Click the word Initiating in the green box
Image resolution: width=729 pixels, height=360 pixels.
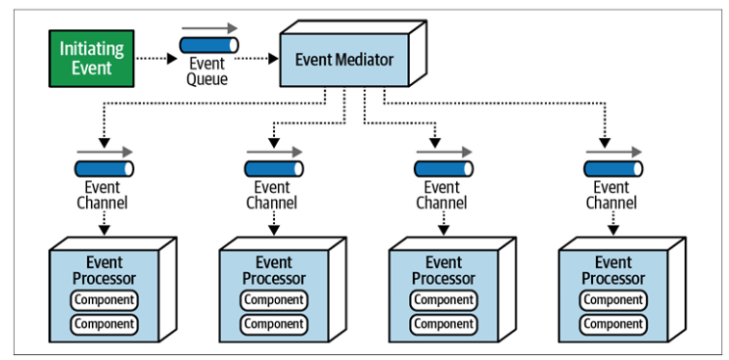(x=92, y=49)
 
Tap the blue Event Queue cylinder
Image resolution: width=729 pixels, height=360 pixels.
(x=208, y=45)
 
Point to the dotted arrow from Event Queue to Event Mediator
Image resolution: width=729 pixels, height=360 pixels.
(x=256, y=59)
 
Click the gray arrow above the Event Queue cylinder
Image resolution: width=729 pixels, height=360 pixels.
(x=208, y=28)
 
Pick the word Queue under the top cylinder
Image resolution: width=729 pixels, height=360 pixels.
(x=207, y=78)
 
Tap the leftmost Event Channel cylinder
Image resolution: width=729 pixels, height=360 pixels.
(x=105, y=168)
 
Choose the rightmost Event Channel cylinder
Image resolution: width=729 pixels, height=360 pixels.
(x=614, y=168)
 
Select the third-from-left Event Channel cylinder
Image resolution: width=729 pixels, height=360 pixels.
(x=444, y=168)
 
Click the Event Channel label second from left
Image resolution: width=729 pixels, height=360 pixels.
(x=272, y=195)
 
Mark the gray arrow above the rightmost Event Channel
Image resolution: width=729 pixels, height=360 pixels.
(x=614, y=152)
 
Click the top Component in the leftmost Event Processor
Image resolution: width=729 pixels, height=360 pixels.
(x=105, y=300)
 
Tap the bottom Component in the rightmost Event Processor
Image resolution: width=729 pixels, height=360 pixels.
(x=614, y=324)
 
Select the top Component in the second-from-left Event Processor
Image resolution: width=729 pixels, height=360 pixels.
(x=274, y=300)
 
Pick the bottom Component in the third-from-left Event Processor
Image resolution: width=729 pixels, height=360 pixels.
(x=444, y=324)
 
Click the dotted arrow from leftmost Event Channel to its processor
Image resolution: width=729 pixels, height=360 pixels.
(x=105, y=222)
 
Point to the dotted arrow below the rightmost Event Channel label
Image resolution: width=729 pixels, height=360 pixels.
(x=614, y=222)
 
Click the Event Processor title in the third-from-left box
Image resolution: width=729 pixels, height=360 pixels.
(x=443, y=270)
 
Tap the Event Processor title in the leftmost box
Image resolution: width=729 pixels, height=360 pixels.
(x=104, y=270)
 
